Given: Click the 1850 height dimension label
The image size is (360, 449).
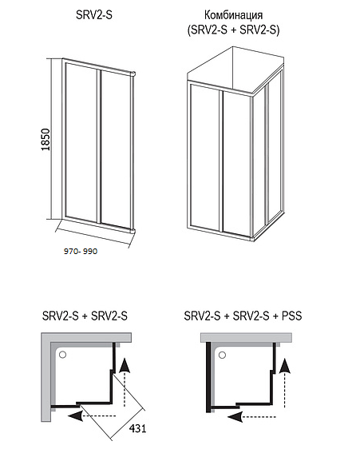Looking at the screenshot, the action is tap(45, 140).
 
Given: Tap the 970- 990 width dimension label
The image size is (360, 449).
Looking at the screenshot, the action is tap(81, 252).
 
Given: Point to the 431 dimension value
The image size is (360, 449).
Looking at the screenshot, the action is tap(137, 428).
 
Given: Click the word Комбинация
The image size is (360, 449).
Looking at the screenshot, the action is tap(233, 15).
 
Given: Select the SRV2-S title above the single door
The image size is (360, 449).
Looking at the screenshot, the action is tap(94, 14).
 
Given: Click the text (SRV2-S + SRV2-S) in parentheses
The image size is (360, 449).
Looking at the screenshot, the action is tap(233, 30).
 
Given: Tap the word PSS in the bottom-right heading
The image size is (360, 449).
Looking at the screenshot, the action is tap(291, 316).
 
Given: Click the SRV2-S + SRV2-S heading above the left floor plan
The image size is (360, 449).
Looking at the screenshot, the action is tap(85, 316).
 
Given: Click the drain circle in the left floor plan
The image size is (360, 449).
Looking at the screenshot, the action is tap(62, 355).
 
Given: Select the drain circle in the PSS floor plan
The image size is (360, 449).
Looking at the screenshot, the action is tap(222, 356).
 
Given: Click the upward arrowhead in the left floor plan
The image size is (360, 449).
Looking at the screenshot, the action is tap(125, 365).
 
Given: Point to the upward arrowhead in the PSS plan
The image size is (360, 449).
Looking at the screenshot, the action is tap(284, 366).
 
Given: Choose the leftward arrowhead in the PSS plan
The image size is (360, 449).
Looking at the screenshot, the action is tap(235, 416).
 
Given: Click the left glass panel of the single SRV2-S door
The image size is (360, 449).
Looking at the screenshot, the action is tap(81, 141).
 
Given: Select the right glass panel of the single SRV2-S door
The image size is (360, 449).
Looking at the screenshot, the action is tap(116, 149).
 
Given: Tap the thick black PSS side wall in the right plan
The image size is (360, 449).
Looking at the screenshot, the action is tap(208, 376).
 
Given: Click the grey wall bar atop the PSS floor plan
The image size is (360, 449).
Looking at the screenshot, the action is tap(246, 337).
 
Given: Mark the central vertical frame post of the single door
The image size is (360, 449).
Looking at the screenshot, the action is tap(99, 146).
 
